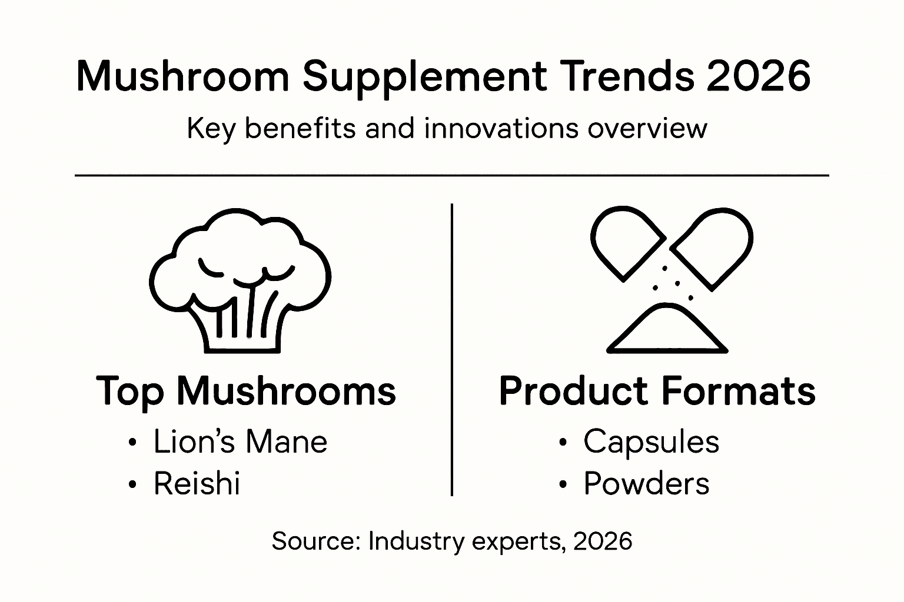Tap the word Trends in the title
623,76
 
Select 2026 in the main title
759,76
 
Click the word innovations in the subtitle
501,128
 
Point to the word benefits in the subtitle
300,128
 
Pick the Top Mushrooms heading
246,391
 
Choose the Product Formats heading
657,391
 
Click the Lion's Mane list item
240,442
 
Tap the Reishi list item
197,484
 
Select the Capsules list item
651,442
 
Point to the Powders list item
646,484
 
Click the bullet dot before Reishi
132,485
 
